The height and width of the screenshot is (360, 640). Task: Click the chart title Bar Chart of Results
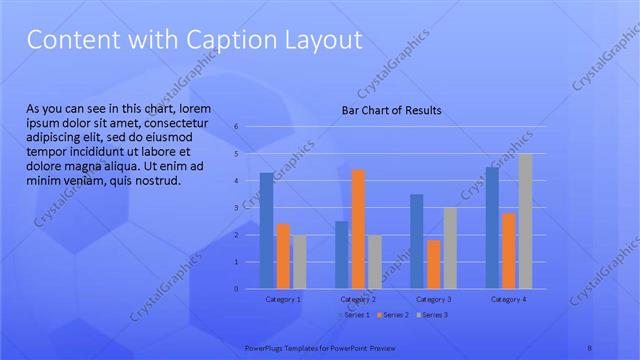click(x=391, y=110)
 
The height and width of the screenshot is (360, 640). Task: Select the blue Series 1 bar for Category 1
click(x=266, y=230)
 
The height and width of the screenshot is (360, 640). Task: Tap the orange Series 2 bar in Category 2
click(x=358, y=229)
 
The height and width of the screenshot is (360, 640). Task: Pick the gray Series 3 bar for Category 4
click(x=525, y=221)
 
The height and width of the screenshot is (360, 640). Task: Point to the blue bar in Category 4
click(x=492, y=227)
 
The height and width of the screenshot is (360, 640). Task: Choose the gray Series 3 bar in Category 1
click(x=299, y=261)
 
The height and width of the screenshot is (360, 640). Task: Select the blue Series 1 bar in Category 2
click(x=341, y=254)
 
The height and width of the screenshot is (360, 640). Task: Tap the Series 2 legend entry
click(x=392, y=315)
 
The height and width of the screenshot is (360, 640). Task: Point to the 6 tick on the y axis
click(x=236, y=127)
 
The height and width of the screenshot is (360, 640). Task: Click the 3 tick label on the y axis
click(x=236, y=208)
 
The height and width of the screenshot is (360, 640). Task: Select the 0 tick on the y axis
click(x=236, y=289)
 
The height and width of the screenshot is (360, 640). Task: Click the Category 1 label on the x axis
click(x=282, y=299)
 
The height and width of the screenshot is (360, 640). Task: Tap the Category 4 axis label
click(x=508, y=299)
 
